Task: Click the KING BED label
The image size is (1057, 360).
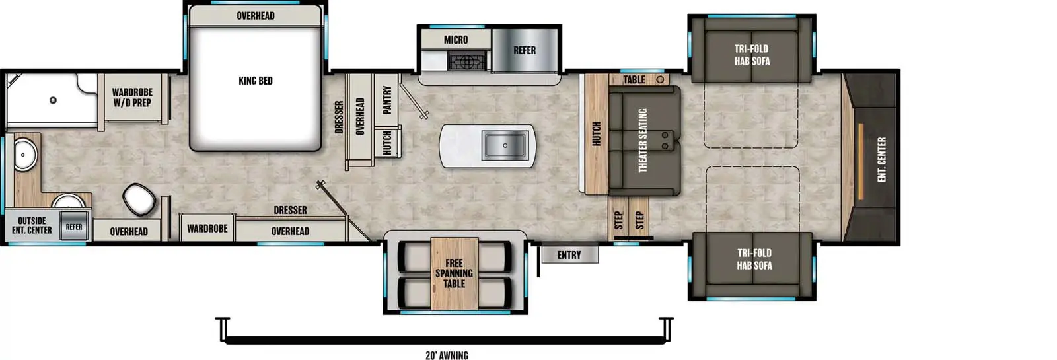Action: tap(255, 81)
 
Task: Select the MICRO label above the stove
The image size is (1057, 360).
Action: tap(455, 40)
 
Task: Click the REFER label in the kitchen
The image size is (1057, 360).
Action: tap(525, 50)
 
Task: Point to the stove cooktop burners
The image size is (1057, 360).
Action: tap(468, 62)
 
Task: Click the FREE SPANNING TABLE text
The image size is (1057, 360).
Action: tap(454, 273)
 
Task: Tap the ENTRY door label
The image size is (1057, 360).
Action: tap(569, 255)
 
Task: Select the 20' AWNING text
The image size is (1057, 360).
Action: tap(447, 355)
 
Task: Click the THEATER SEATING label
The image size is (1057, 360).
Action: tap(643, 141)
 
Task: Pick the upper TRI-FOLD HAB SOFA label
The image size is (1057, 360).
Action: tap(752, 55)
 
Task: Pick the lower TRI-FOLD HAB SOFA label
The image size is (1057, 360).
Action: tap(754, 259)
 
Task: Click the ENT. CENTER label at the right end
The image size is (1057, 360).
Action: tap(881, 159)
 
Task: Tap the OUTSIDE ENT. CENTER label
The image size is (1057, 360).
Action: tap(32, 225)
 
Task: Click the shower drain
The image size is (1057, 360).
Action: tap(53, 100)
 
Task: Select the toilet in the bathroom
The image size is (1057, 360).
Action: tap(139, 198)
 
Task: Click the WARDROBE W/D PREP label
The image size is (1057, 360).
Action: tap(132, 98)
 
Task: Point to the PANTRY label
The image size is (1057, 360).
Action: tap(387, 100)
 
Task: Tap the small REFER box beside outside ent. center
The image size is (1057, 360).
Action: tap(74, 227)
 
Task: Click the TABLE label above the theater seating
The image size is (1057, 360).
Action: tap(634, 79)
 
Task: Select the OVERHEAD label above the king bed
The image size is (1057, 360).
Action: tap(255, 16)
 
